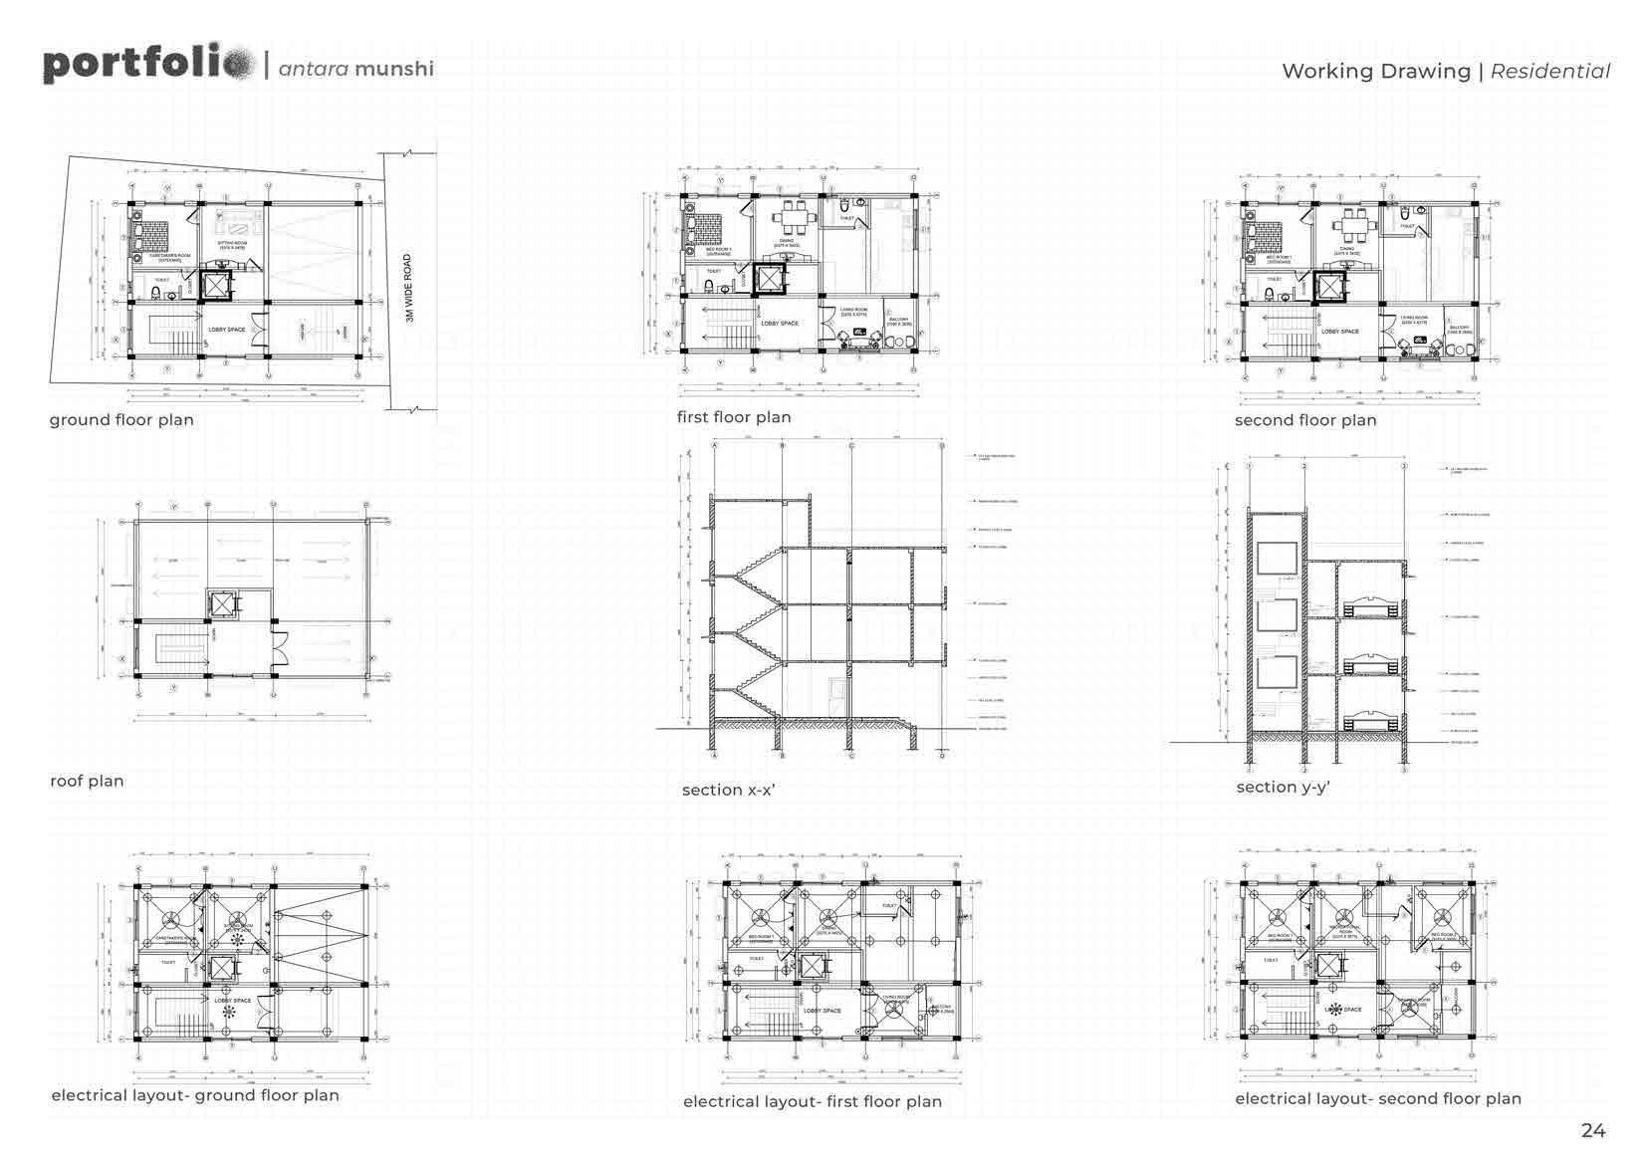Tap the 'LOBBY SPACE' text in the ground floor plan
(227, 330)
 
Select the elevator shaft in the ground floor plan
(215, 285)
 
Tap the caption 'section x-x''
(728, 791)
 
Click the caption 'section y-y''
(1283, 788)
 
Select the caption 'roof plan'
(87, 782)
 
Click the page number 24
(1592, 1130)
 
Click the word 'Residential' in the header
(1550, 72)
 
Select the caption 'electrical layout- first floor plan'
(812, 1101)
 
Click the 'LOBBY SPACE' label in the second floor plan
(1339, 332)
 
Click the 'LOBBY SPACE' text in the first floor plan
(780, 324)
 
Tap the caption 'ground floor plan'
(121, 420)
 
